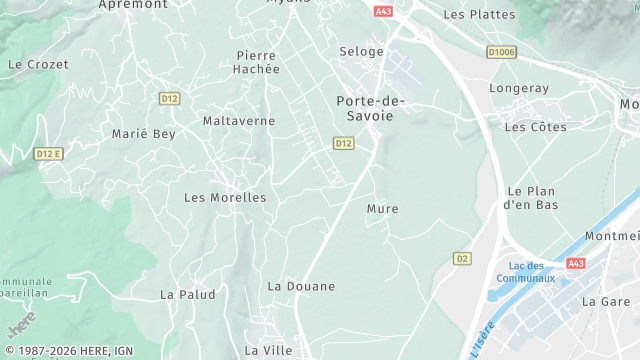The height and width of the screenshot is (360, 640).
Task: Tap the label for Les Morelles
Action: (225, 198)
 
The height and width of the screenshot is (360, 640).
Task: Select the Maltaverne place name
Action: (238, 121)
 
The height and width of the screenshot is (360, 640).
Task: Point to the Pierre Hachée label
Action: (257, 62)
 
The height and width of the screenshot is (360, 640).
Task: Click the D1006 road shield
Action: (502, 51)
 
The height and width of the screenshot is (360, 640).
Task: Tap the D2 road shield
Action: (461, 258)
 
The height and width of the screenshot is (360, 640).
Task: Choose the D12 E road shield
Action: (48, 153)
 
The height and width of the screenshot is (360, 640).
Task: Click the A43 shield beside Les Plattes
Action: (383, 11)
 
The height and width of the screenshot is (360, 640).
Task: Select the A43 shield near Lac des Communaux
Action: (575, 263)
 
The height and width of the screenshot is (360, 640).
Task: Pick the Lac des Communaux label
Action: (532, 271)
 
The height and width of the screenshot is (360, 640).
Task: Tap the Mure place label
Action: (382, 209)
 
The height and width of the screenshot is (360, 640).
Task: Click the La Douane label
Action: (301, 286)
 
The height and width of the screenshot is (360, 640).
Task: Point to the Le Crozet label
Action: (38, 64)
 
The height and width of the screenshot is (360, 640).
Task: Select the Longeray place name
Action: (519, 88)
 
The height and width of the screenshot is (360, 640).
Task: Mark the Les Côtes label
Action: (535, 127)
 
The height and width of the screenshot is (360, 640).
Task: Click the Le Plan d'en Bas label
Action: (531, 197)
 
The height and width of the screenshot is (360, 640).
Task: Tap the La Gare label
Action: (606, 301)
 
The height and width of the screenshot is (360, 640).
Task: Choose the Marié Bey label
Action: (143, 133)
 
